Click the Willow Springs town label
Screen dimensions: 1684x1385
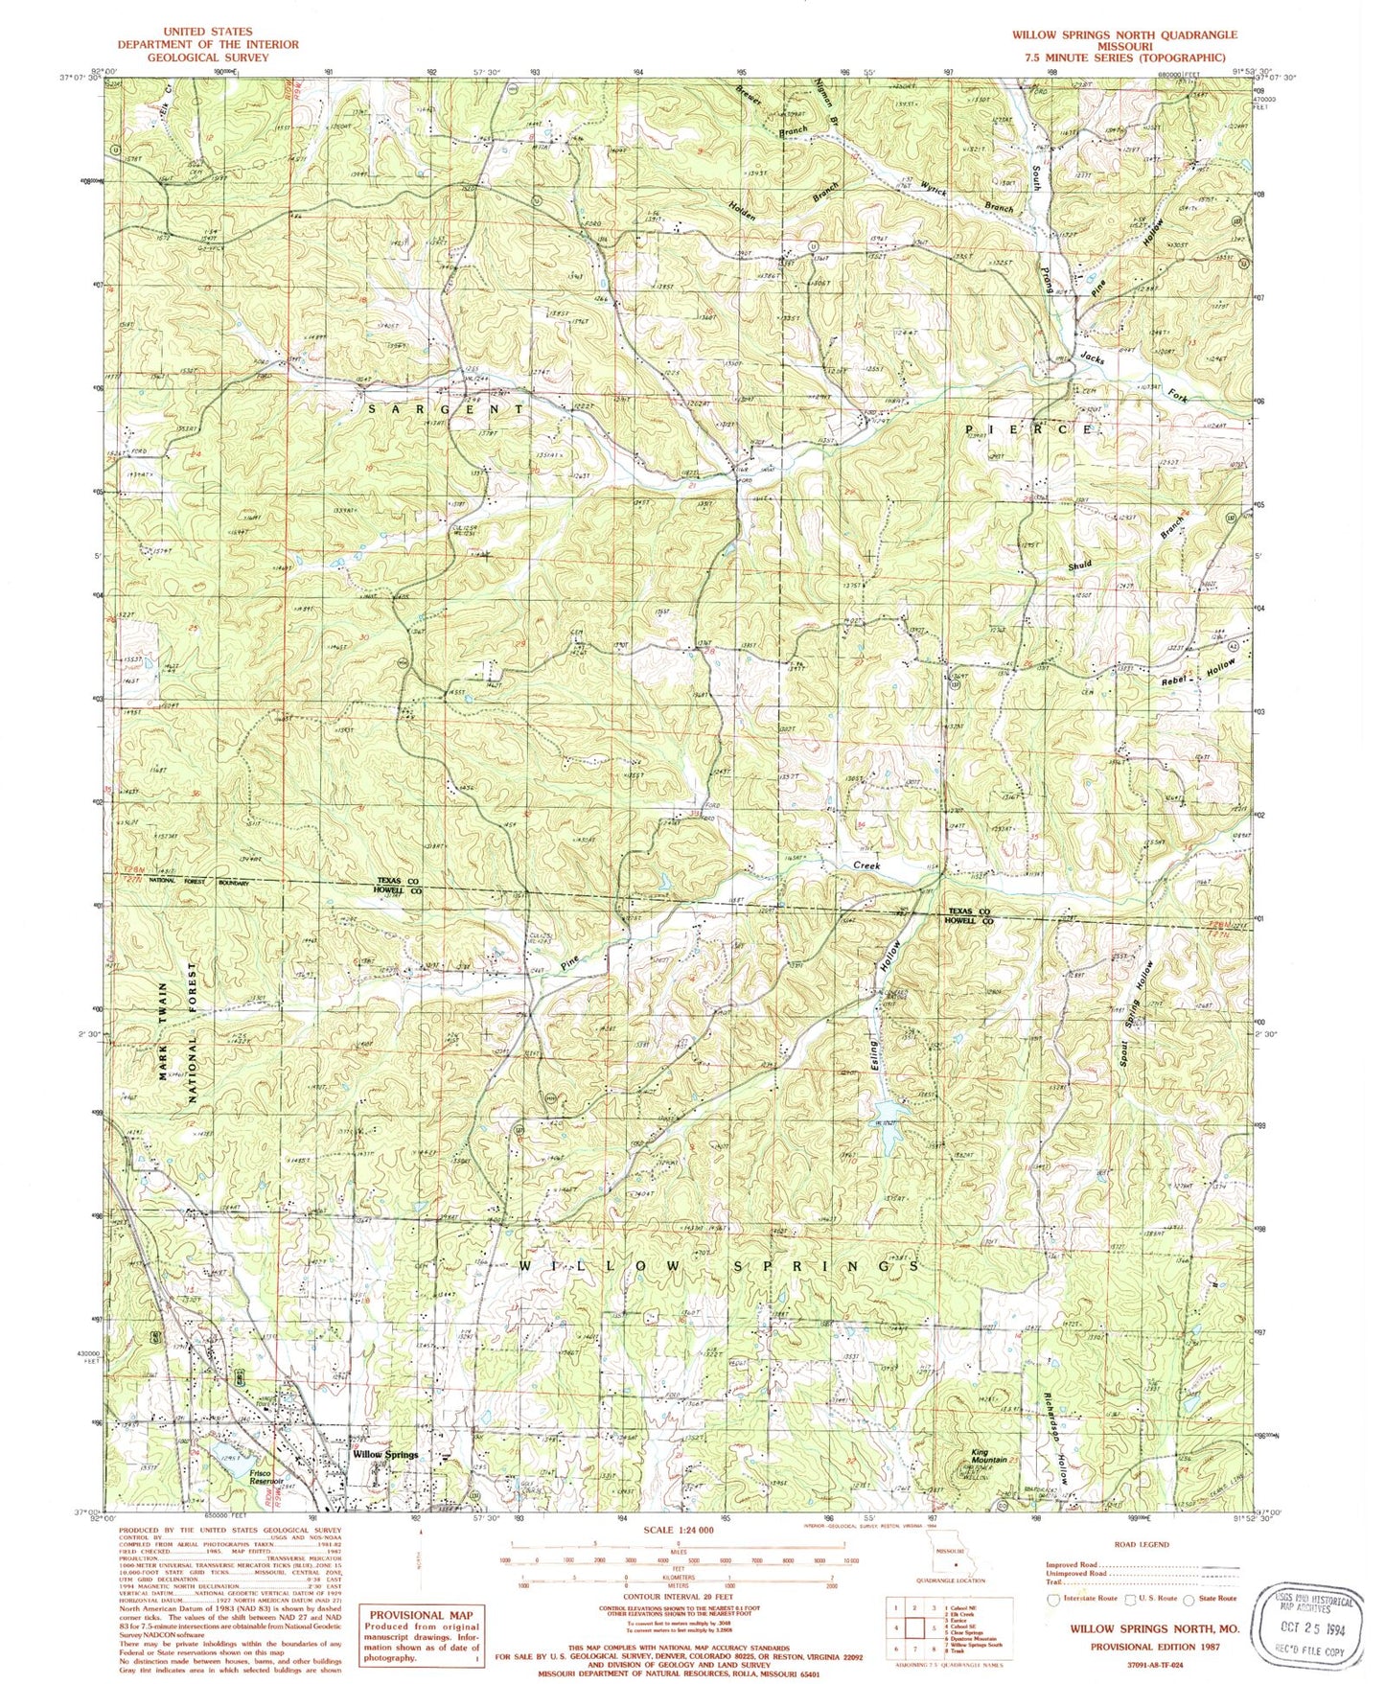tap(385, 1454)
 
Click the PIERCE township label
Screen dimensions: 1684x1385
tap(1027, 429)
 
